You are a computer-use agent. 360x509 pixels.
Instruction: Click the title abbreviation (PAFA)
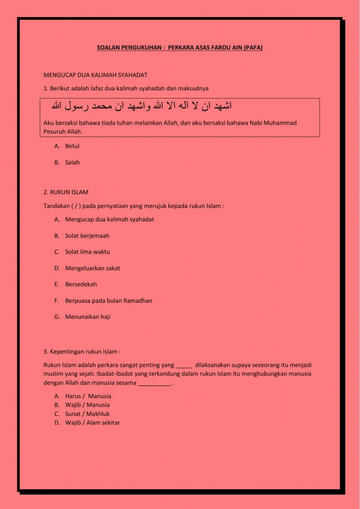[x=253, y=48]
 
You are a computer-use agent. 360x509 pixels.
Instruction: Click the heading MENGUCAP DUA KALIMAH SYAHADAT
[x=95, y=75]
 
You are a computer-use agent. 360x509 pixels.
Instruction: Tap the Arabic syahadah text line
[x=141, y=106]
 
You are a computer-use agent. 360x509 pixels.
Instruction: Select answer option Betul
[x=72, y=146]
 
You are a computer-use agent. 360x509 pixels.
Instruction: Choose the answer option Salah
[x=72, y=162]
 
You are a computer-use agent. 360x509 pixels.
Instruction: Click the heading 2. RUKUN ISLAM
[x=66, y=192]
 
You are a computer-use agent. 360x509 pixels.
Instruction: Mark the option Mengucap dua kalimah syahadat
[x=109, y=219]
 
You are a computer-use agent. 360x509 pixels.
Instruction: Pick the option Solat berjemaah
[x=87, y=236]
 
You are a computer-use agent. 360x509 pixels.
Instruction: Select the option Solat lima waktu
[x=87, y=252]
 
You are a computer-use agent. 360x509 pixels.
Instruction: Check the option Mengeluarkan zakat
[x=93, y=268]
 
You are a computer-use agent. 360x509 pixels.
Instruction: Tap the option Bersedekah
[x=81, y=284]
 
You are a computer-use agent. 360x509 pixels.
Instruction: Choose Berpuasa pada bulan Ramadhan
[x=108, y=300]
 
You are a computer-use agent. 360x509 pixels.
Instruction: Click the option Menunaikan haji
[x=88, y=317]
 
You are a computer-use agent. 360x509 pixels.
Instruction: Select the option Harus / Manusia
[x=88, y=396]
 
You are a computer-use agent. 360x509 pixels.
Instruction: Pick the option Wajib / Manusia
[x=87, y=405]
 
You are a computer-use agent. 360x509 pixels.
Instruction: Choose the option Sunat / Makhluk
[x=87, y=414]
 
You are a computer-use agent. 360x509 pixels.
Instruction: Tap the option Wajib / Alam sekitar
[x=92, y=423]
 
